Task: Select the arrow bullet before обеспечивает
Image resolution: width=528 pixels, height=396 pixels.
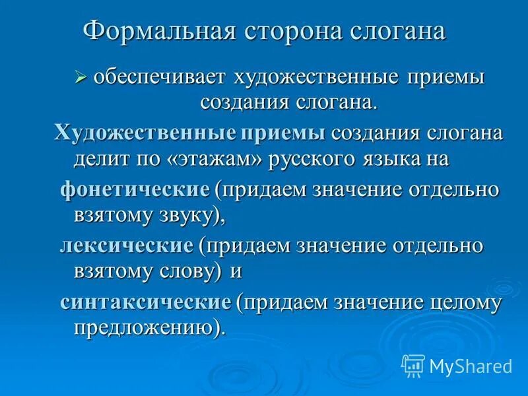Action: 81,78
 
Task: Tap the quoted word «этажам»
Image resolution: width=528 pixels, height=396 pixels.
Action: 206,158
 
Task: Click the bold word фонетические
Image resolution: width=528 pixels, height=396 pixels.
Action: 135,189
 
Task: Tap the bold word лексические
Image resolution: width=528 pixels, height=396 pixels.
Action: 126,246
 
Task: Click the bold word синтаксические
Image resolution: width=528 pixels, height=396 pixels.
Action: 146,302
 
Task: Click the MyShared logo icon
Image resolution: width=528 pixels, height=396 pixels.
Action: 412,364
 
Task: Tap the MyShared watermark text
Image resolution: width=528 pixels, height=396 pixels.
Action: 471,365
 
